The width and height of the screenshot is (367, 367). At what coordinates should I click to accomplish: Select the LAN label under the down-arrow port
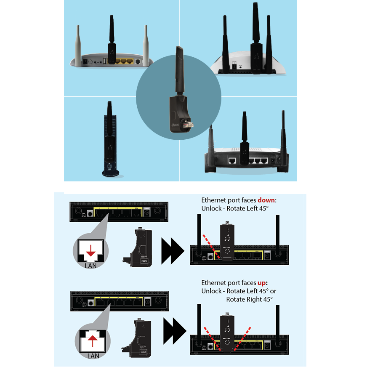[91, 267]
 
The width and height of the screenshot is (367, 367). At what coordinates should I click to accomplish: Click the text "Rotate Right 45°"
[250, 299]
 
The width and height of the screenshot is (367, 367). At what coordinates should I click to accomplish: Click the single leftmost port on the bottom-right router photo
[231, 160]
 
